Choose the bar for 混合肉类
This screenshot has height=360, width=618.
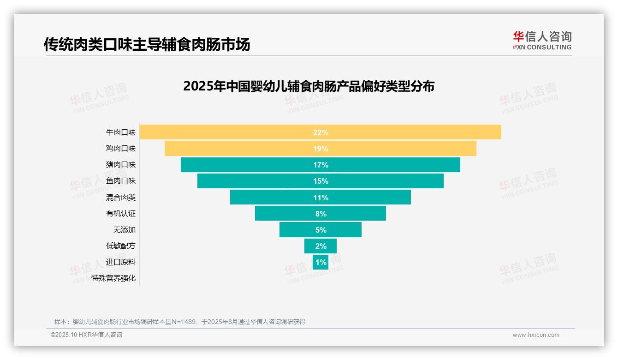pos(277,198)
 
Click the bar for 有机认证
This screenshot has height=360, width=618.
pos(286,214)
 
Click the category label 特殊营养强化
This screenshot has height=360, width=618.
pos(113,278)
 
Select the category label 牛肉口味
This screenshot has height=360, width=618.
pos(121,132)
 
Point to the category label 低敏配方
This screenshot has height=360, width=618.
pos(121,246)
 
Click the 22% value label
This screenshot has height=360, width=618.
pos(321,132)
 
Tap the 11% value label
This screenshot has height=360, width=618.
pos(321,198)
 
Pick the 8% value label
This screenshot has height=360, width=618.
pos(321,214)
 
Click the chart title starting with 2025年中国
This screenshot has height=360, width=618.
pos(309,86)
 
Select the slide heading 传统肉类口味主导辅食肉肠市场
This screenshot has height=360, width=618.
pos(147,44)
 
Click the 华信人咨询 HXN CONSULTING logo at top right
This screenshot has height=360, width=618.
pos(542,40)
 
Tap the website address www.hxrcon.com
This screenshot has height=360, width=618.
pos(536,335)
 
